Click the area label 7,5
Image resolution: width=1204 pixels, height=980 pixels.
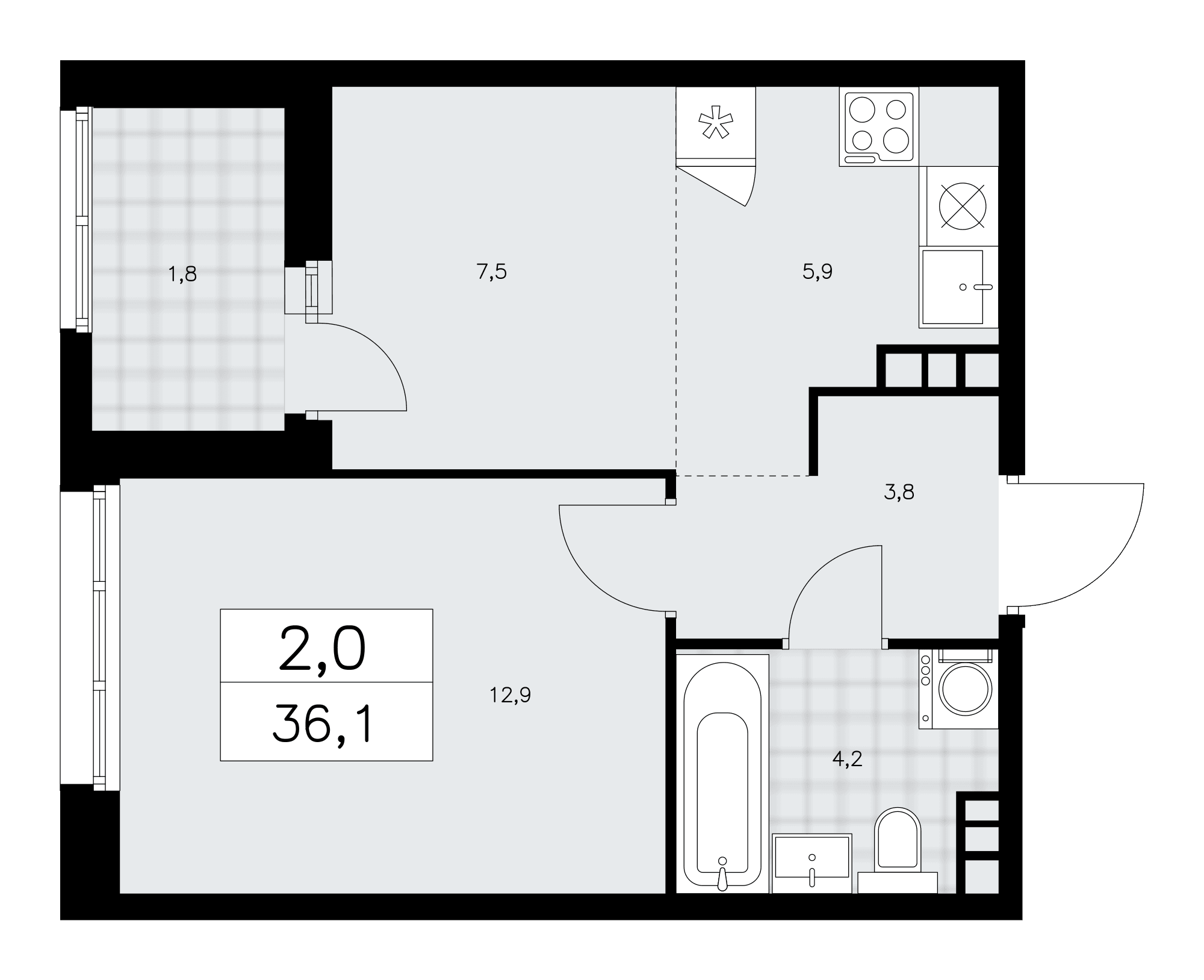coord(492,273)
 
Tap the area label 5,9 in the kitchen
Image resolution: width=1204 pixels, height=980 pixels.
coord(818,272)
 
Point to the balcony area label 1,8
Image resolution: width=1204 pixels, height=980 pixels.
coord(183,275)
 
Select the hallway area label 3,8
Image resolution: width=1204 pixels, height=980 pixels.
coord(899,493)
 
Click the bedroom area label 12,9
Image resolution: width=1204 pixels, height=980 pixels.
coord(510,696)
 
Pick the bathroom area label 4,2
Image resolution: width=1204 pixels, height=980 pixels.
coord(848,759)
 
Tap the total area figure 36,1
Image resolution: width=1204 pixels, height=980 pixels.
coord(324,726)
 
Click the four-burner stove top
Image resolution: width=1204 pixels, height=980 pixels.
coord(879,127)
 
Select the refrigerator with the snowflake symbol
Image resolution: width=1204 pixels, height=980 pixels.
coord(716,126)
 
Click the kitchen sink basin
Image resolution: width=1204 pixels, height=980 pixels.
coord(952,287)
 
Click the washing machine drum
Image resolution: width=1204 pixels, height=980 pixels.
coord(965,688)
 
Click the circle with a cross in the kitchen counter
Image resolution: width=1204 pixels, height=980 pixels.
coord(963,206)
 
